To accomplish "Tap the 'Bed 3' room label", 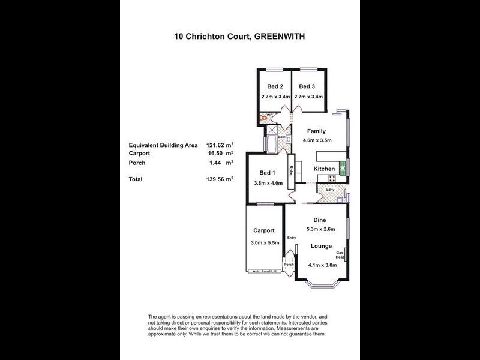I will (x=307, y=85).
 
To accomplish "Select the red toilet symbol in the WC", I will (x=263, y=118).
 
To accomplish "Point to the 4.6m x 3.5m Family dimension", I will (x=317, y=140).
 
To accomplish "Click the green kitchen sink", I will (x=344, y=167).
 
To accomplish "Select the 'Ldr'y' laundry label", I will (x=329, y=190).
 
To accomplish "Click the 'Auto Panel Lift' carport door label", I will (x=264, y=271).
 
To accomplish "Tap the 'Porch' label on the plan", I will (x=289, y=265).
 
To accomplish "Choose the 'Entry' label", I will (x=292, y=238).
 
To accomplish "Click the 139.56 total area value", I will (x=219, y=179).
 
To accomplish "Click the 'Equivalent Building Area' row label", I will (x=163, y=145).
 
